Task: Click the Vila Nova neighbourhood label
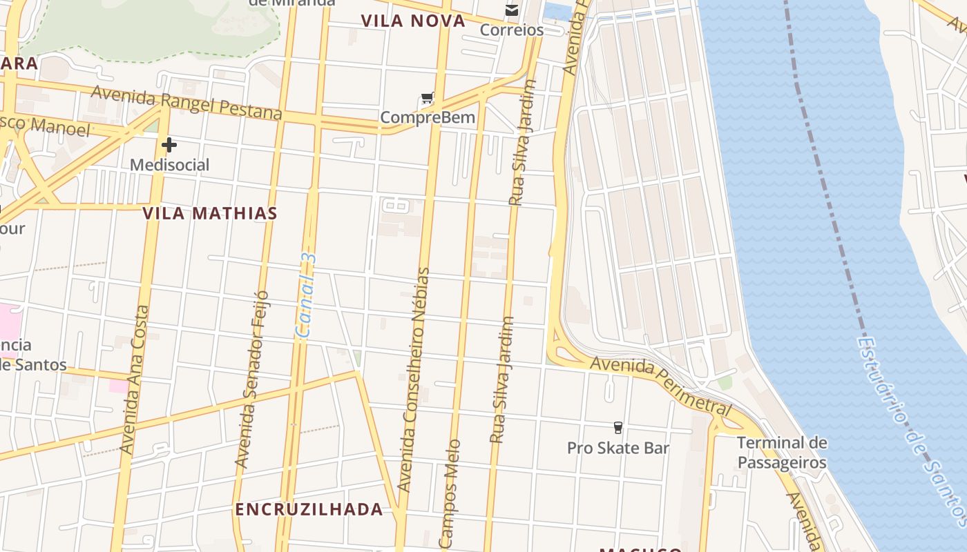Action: (x=413, y=21)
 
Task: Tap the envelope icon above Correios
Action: (x=512, y=10)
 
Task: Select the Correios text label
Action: (x=512, y=30)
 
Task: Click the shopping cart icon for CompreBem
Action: (x=428, y=99)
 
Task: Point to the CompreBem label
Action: (x=428, y=117)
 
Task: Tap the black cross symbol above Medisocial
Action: (x=169, y=145)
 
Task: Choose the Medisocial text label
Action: (x=169, y=165)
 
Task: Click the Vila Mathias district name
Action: (x=210, y=213)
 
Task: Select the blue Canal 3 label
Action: (x=306, y=295)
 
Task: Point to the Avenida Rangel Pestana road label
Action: (x=186, y=101)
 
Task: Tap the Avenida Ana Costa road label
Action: (x=135, y=379)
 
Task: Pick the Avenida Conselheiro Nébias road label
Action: (x=414, y=379)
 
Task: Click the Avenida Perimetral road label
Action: (x=660, y=384)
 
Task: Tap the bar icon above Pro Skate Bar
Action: (x=618, y=428)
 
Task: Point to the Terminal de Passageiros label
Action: (x=782, y=452)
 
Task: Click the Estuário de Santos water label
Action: (x=911, y=428)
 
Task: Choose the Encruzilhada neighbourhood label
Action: (x=309, y=509)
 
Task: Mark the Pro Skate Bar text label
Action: (x=618, y=448)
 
